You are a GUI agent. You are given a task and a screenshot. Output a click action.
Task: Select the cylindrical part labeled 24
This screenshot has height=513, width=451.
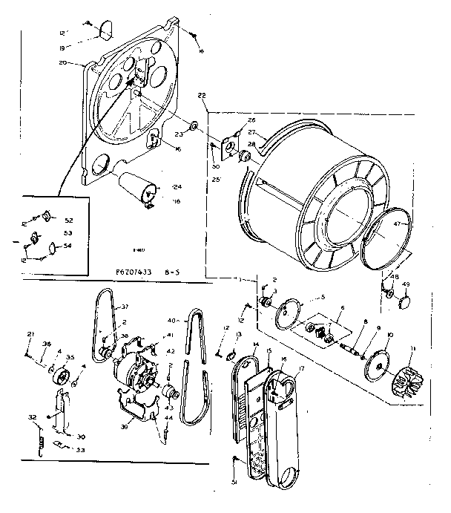pos(139,186)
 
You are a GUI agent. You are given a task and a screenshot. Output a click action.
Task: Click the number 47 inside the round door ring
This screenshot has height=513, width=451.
pos(397,223)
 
